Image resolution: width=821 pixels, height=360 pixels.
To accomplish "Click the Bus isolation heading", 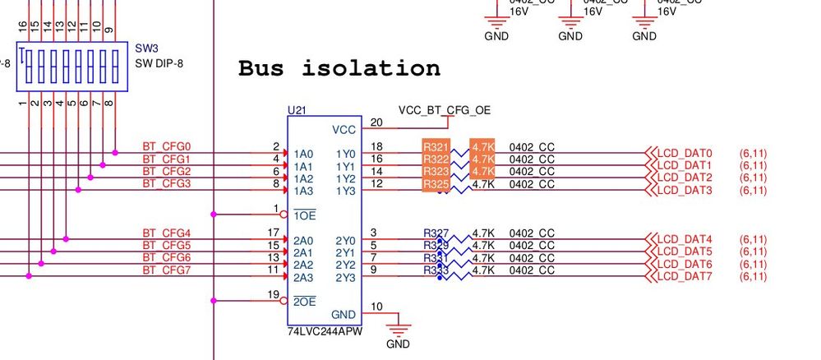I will click(x=339, y=68).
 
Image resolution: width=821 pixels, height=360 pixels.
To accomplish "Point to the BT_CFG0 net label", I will click(x=166, y=147).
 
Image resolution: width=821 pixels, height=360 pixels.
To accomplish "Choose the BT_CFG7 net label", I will click(x=166, y=270).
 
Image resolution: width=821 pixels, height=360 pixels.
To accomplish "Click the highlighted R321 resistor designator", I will click(x=436, y=147).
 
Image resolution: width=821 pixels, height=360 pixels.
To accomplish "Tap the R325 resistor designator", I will click(x=436, y=185).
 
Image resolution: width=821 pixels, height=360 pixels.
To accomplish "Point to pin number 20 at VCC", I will click(x=377, y=122).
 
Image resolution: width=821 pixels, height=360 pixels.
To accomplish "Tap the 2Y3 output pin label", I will click(x=345, y=277).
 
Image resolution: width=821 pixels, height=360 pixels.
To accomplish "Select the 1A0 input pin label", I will click(x=303, y=154).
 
